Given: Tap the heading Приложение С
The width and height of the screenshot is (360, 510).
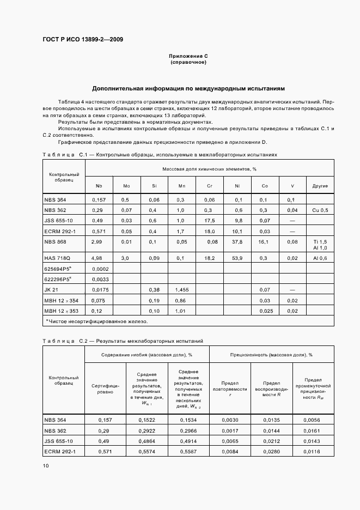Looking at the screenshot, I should [x=188, y=56].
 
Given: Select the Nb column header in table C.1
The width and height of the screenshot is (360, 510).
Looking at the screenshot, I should [x=99, y=186].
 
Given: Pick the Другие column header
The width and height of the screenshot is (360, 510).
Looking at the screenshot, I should [x=320, y=186].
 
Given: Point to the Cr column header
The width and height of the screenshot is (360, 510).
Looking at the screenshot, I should [x=209, y=186].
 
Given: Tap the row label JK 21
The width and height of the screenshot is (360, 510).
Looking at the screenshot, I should [x=51, y=289].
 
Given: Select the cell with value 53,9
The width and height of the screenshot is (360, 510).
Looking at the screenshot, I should [x=237, y=257].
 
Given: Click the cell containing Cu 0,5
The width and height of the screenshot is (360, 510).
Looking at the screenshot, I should [x=320, y=210].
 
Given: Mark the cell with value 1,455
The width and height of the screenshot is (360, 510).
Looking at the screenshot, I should [x=181, y=289].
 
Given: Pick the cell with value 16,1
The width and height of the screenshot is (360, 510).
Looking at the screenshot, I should [x=265, y=241].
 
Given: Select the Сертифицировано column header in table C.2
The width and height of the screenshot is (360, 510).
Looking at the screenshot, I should [x=105, y=388].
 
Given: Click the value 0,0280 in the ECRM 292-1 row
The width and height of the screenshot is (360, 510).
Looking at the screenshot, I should [x=271, y=452].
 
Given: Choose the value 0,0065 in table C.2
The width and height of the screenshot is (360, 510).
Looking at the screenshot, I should [x=230, y=441].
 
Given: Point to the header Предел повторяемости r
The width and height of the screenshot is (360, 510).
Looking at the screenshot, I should [x=230, y=388].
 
